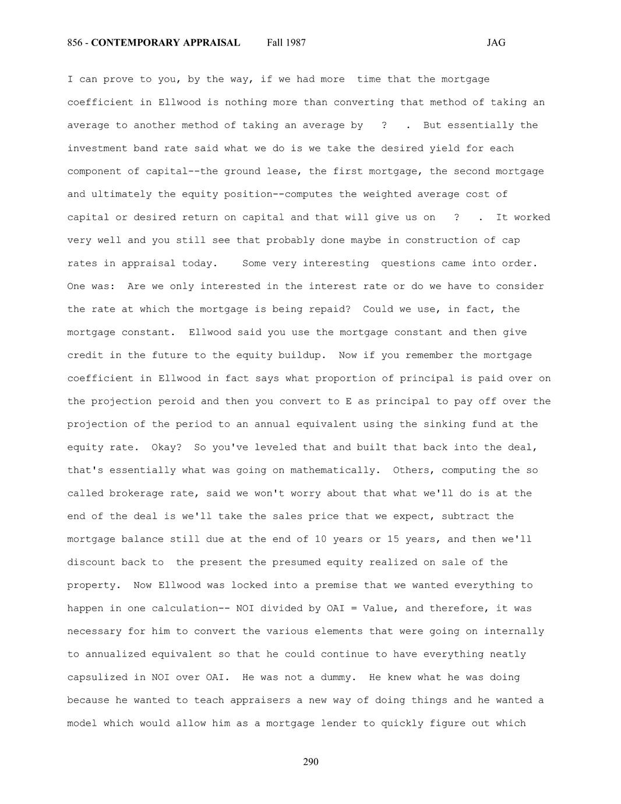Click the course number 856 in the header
(75, 43)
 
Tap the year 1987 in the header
(295, 43)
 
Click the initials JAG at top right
(496, 43)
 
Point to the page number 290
(310, 762)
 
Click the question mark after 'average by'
(384, 125)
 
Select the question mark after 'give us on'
(456, 217)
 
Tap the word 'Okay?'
(167, 447)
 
